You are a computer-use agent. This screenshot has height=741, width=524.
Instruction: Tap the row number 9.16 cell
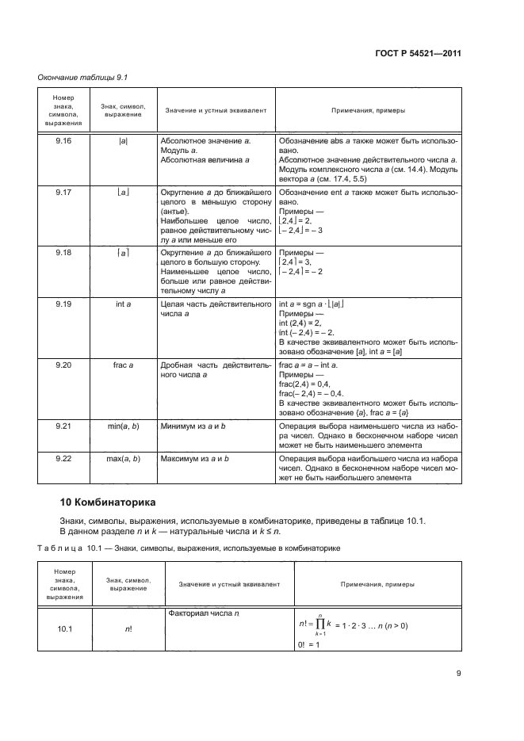[x=63, y=140]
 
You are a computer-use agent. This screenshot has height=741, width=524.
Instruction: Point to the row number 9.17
[x=63, y=193]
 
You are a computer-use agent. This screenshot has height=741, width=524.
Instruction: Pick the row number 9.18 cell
[x=63, y=252]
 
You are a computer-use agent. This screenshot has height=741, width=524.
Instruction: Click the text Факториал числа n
[x=205, y=613]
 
